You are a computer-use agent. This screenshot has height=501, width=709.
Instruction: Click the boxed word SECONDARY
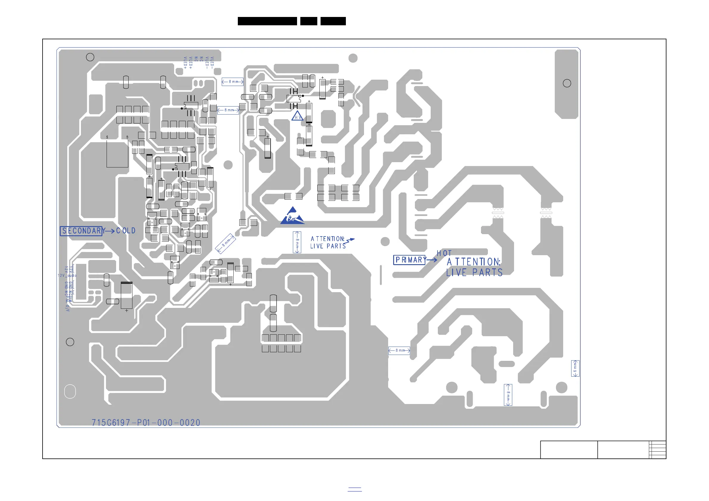pyautogui.click(x=81, y=231)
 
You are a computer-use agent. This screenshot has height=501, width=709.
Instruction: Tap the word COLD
pyautogui.click(x=126, y=231)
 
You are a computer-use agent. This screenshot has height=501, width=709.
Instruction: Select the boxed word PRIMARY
pyautogui.click(x=410, y=260)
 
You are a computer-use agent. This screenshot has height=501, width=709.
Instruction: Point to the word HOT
pyautogui.click(x=444, y=253)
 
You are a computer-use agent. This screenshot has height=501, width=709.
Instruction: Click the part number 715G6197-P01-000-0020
pyautogui.click(x=146, y=422)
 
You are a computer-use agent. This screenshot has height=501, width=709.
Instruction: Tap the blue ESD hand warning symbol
pyautogui.click(x=292, y=216)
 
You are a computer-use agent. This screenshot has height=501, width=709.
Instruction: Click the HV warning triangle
pyautogui.click(x=297, y=116)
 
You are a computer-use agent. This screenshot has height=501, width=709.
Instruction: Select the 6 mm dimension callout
pyautogui.click(x=575, y=368)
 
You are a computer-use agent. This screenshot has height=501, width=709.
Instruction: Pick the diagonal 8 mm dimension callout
pyautogui.click(x=225, y=243)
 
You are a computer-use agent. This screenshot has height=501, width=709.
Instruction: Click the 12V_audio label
pyautogui.click(x=67, y=275)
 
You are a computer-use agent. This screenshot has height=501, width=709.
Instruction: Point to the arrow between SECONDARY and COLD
pyautogui.click(x=109, y=231)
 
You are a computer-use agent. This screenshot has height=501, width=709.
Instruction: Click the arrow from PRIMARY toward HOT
pyautogui.click(x=431, y=260)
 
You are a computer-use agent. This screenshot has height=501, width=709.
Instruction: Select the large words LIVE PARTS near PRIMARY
pyautogui.click(x=474, y=273)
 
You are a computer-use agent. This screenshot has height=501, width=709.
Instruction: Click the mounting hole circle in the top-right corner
pyautogui.click(x=567, y=83)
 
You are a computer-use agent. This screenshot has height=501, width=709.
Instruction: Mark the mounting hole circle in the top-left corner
pyautogui.click(x=90, y=57)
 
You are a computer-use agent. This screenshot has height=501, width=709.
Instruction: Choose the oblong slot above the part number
pyautogui.click(x=70, y=392)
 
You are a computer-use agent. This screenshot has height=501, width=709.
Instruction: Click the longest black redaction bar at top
pyautogui.click(x=267, y=21)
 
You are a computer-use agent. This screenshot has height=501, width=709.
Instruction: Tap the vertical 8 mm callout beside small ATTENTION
pyautogui.click(x=297, y=242)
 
